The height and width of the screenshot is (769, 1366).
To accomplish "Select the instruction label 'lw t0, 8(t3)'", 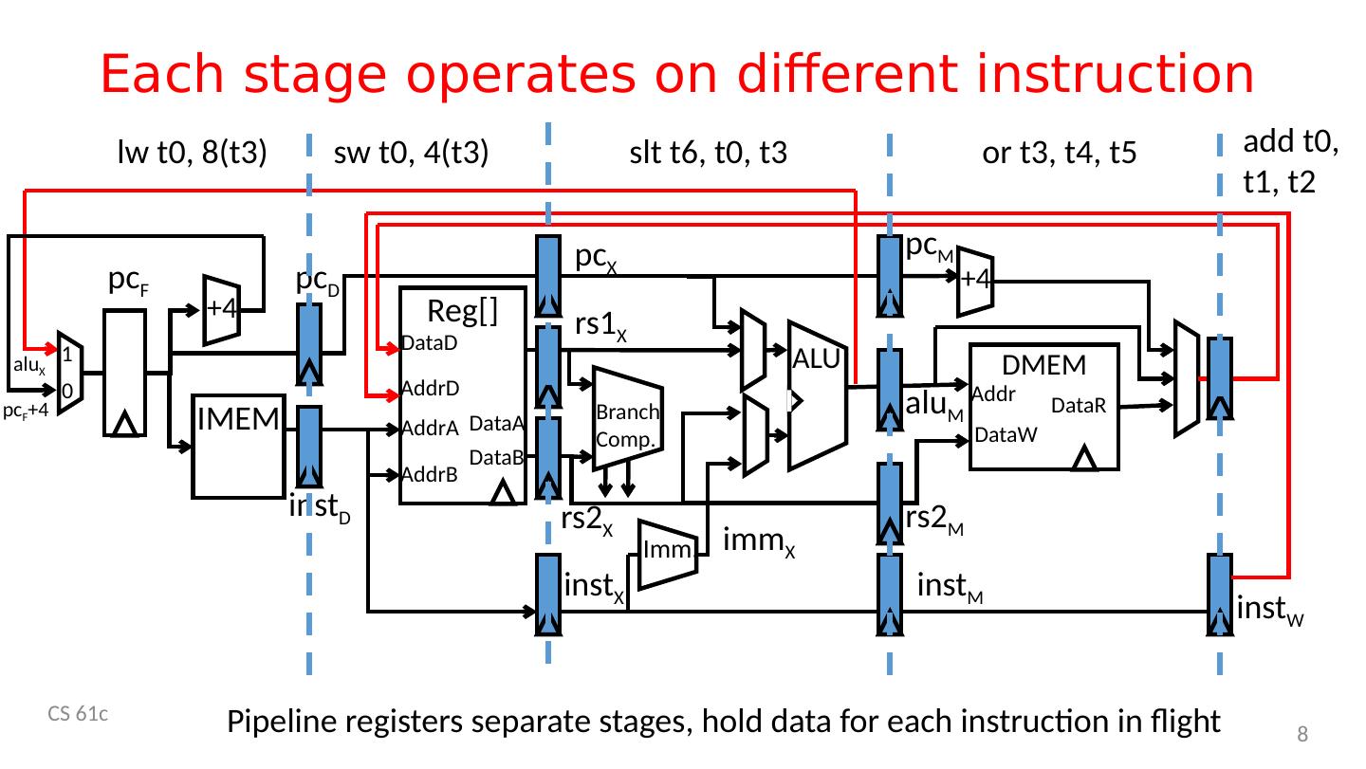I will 189,153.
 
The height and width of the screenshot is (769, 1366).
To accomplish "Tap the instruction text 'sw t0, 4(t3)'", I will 411,153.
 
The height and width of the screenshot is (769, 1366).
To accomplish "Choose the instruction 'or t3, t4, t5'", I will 1059,153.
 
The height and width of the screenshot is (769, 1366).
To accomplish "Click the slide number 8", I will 1302,734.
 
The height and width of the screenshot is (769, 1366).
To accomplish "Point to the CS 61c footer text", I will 78,715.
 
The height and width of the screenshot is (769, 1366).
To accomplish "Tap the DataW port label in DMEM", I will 1006,435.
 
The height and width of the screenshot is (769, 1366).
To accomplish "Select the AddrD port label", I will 430,388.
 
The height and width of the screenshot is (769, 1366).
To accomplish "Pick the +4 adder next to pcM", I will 975,279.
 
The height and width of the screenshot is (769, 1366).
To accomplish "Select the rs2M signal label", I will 935,519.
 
